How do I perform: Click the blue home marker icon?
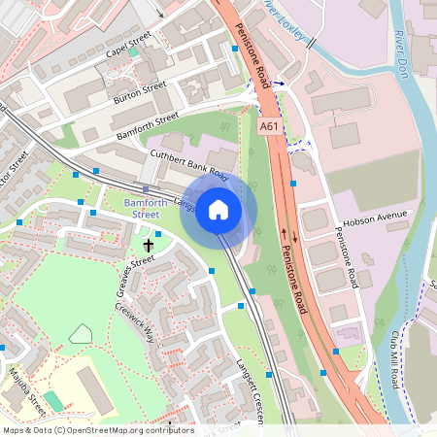[218, 209]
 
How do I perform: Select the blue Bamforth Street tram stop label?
[142, 208]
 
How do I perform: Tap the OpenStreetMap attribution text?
[98, 430]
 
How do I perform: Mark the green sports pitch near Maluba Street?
[53, 400]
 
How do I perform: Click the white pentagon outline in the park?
[81, 333]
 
